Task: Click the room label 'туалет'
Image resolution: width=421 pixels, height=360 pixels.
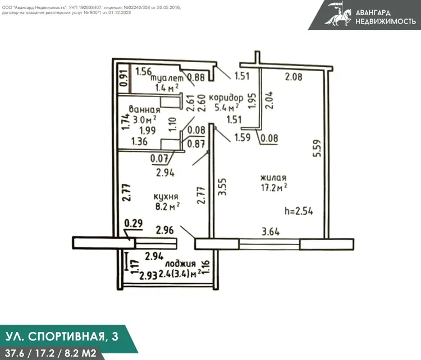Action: [167, 78]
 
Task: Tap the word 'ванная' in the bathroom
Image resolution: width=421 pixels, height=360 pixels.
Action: [144, 109]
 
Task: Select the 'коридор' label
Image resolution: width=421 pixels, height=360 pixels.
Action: [226, 98]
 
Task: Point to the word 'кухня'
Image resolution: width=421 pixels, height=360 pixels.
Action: [166, 197]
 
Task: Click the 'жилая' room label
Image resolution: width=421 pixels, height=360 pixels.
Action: [273, 178]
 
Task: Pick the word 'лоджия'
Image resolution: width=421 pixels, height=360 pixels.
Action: [180, 264]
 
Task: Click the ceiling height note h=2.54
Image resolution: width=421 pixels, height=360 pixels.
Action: [299, 211]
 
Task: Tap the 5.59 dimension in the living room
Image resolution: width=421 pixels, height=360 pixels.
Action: [317, 149]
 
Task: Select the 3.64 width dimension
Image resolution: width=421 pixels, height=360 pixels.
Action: [271, 232]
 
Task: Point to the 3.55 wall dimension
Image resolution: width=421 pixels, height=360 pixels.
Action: [222, 187]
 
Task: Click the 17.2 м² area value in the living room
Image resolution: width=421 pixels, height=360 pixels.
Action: [274, 187]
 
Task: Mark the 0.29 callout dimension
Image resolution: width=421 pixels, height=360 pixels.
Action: [134, 223]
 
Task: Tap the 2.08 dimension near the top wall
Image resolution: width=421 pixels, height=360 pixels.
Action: [294, 77]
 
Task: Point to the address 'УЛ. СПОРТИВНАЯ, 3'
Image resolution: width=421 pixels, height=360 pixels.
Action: [62, 336]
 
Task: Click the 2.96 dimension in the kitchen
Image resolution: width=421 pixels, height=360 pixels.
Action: [165, 230]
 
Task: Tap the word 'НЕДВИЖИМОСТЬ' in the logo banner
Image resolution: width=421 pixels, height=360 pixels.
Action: [386, 21]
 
